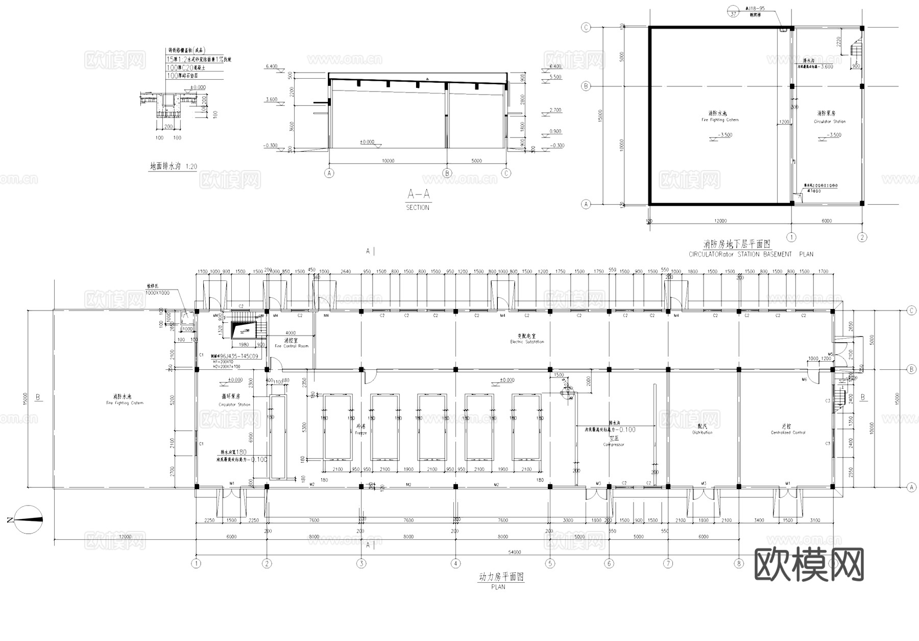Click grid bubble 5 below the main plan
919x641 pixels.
pyautogui.click(x=550, y=563)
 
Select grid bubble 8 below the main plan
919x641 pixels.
pyautogui.click(x=739, y=563)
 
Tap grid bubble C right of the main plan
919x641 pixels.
pyautogui.click(x=911, y=311)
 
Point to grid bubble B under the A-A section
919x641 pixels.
pyautogui.click(x=447, y=173)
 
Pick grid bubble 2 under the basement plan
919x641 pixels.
pyautogui.click(x=862, y=237)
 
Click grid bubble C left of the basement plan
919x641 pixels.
pyautogui.click(x=586, y=28)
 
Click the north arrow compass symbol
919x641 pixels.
pyautogui.click(x=28, y=519)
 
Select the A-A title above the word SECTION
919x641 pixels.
pyautogui.click(x=418, y=195)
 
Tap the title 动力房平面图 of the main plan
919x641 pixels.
pyautogui.click(x=501, y=577)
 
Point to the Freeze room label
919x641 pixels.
pyautogui.click(x=361, y=430)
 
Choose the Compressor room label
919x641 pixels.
pyautogui.click(x=614, y=441)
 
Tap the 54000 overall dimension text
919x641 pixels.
pyautogui.click(x=514, y=552)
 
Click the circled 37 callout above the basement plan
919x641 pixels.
pyautogui.click(x=734, y=14)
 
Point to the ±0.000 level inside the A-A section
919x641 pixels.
pyautogui.click(x=367, y=142)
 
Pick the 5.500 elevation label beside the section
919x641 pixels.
pyautogui.click(x=555, y=77)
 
